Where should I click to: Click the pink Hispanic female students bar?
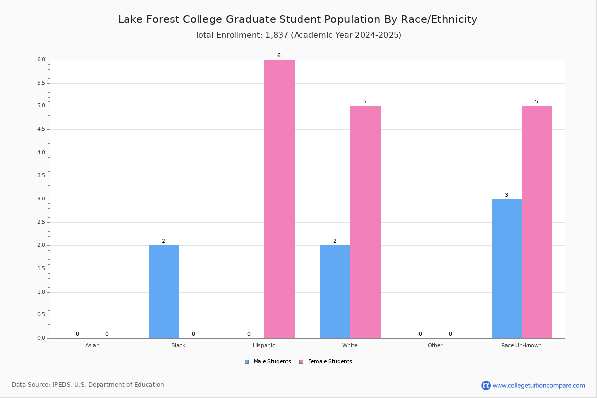[279, 199]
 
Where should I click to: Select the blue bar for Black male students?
[164, 292]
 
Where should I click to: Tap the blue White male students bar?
[335, 292]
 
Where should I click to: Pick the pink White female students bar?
[365, 222]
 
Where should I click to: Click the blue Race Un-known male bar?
[507, 269]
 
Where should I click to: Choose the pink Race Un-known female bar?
[537, 222]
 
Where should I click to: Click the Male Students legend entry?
[268, 362]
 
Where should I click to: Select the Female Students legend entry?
[326, 362]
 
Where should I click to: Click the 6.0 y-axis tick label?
[41, 59]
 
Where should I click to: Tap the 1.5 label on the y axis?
[41, 269]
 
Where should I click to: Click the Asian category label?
[92, 345]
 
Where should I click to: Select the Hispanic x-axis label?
[264, 345]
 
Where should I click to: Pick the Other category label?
[435, 345]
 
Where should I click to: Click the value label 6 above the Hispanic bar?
[279, 55]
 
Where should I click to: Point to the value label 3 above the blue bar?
[506, 195]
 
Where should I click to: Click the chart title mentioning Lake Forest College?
[298, 19]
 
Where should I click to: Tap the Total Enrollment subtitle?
[298, 35]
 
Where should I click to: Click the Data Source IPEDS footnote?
[88, 385]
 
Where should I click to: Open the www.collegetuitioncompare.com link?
[538, 385]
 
